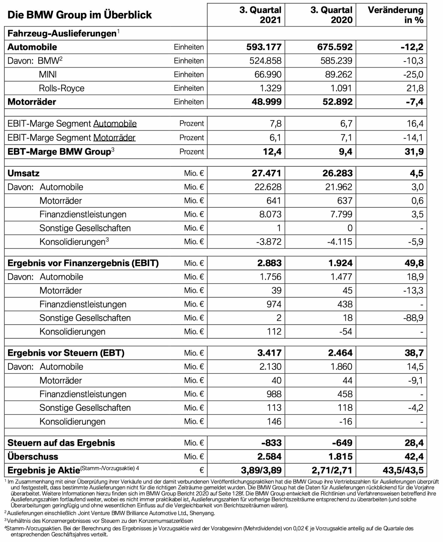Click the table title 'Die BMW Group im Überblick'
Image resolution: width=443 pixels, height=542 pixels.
[80, 15]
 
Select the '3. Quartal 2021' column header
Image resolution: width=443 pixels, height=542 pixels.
[260, 15]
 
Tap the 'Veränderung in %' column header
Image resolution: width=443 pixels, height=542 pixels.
[395, 15]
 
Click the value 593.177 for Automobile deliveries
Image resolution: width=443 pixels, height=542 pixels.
[264, 47]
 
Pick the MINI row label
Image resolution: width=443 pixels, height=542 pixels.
[48, 74]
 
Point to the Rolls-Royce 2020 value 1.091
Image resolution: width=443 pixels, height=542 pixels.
[341, 88]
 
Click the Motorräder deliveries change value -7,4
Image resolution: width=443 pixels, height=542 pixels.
[414, 102]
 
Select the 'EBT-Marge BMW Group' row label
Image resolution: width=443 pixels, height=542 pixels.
[61, 152]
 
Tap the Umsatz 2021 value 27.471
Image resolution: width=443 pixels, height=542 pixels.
[266, 173]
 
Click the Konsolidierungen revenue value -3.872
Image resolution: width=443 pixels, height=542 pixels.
[269, 242]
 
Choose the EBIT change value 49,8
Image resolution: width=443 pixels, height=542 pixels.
[414, 263]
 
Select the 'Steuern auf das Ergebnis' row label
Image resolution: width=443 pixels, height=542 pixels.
[61, 443]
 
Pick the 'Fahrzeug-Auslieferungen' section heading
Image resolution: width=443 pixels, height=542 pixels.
[62, 33]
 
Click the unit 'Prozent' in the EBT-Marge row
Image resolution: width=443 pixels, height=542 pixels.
[191, 152]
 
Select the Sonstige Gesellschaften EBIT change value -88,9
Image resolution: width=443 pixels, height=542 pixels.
[413, 318]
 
